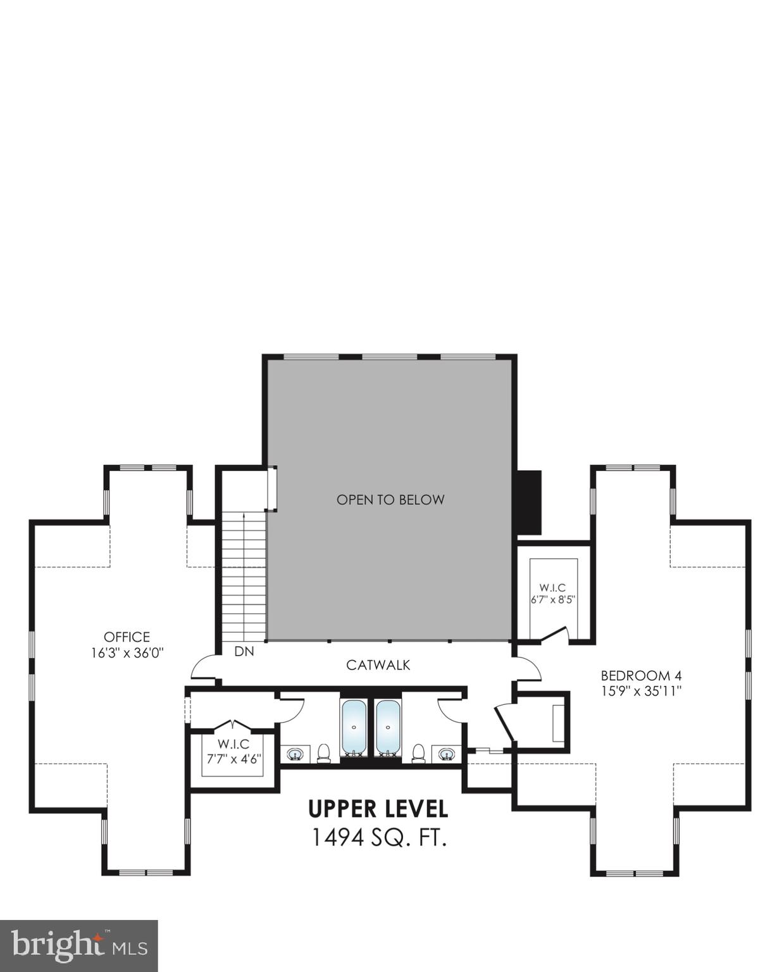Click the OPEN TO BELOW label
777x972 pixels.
pos(390,500)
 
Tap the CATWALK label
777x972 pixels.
pos(378,665)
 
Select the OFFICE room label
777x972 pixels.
pos(127,637)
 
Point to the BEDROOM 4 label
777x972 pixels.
pos(640,675)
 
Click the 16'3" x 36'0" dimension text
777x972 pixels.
pos(127,653)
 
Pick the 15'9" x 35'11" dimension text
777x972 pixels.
pos(640,691)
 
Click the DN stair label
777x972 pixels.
pos(244,651)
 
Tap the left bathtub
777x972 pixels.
pos(353,728)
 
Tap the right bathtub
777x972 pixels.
pos(388,728)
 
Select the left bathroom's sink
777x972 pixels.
pos(295,754)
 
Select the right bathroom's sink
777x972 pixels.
pos(447,754)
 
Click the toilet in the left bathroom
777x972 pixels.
pos(324,753)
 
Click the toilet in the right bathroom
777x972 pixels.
pos(418,753)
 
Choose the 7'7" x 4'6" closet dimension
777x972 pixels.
pos(233,759)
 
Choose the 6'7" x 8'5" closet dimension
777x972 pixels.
pos(552,599)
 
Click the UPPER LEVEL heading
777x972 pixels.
pos(378,809)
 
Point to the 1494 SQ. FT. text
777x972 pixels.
pos(378,838)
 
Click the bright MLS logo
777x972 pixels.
pos(78,946)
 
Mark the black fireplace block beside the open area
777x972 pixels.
pos(530,504)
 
